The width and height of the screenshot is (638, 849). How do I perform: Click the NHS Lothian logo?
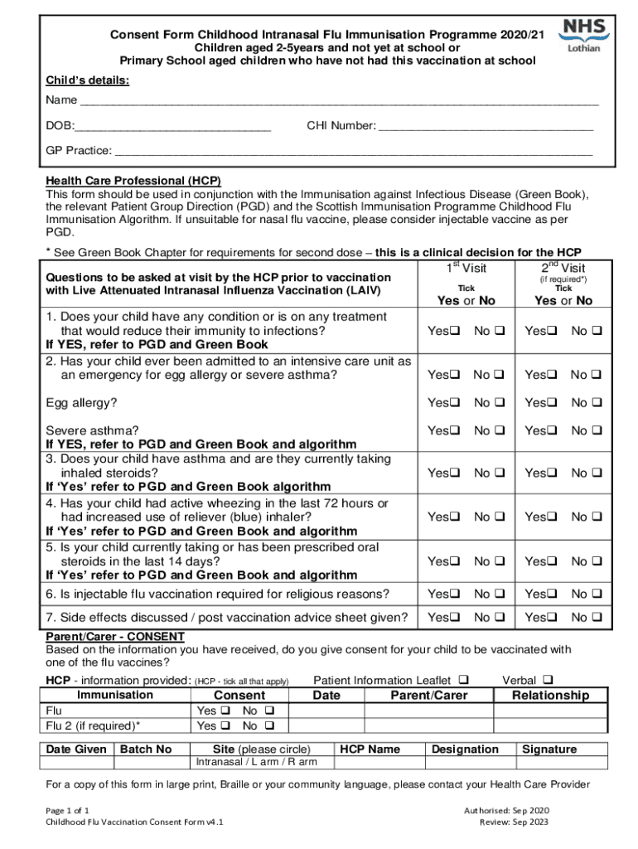click(584, 35)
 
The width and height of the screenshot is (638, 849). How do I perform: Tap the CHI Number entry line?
click(486, 129)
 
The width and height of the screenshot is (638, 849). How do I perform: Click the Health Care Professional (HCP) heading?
click(133, 181)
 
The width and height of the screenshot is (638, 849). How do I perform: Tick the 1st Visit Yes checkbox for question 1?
click(455, 332)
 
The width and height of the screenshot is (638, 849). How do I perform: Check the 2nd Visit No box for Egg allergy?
click(595, 403)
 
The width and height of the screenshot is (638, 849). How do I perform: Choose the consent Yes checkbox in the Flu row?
click(225, 711)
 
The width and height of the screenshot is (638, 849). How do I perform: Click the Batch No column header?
click(146, 750)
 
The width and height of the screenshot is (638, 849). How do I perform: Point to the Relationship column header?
click(550, 696)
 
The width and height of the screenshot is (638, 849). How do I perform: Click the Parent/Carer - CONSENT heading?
click(116, 637)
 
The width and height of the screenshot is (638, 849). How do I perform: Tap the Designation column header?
click(466, 750)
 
